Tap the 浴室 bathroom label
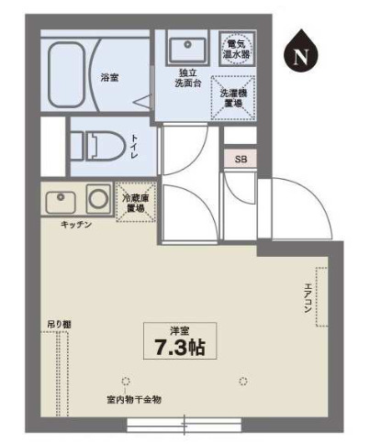pyautogui.click(x=109, y=78)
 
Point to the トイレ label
pyautogui.click(x=134, y=145)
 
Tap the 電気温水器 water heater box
pyautogui.click(x=236, y=49)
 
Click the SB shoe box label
pyautogui.click(x=241, y=159)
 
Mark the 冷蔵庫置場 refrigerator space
pyautogui.click(x=135, y=202)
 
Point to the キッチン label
pyautogui.click(x=76, y=224)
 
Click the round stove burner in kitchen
pyautogui.click(x=98, y=197)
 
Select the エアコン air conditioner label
pyautogui.click(x=307, y=298)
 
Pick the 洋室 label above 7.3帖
pyautogui.click(x=180, y=329)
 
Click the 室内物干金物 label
pyautogui.click(x=133, y=399)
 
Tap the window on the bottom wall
pyautogui.click(x=183, y=425)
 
